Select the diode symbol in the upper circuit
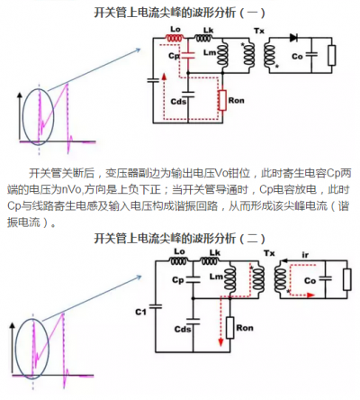292,40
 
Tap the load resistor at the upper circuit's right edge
331,56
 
